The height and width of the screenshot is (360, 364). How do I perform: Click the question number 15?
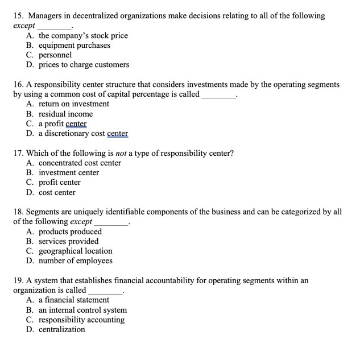18,16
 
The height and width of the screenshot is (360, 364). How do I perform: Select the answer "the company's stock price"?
83,36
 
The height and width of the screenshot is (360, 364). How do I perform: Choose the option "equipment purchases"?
75,45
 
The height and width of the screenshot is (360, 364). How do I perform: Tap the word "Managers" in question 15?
47,16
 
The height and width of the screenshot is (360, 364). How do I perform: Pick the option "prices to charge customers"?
84,65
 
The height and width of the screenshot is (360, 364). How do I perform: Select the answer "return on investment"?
74,104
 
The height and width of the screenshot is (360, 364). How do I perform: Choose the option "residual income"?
65,114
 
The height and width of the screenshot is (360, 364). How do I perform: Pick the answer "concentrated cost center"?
80,163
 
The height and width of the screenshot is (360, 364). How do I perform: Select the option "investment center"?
69,173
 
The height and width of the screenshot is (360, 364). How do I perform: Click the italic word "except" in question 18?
81,222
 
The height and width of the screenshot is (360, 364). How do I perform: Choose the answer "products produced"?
70,231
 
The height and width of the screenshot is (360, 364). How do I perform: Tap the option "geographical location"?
75,251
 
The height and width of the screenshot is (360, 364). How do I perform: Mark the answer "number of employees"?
75,261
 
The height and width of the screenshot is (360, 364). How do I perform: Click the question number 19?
18,280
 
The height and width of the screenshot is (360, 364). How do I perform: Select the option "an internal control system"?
82,310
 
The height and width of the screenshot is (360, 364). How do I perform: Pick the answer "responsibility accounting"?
81,320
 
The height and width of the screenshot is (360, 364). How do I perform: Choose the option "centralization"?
61,329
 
